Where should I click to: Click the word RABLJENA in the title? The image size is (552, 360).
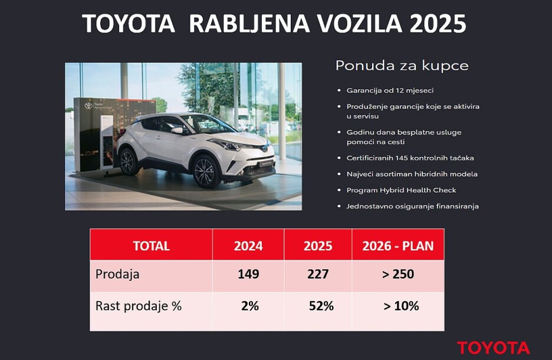tap(249, 24)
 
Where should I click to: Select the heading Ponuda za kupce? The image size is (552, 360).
tap(402, 66)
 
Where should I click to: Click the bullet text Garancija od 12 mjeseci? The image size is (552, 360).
tap(390, 90)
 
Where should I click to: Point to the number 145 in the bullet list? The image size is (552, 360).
tap(402, 158)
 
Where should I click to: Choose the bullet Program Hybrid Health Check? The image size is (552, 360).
tap(401, 190)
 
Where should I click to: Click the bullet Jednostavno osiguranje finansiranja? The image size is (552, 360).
tap(413, 206)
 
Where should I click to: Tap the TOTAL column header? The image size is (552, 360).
tap(152, 246)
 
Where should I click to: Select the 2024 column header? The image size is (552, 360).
tap(248, 246)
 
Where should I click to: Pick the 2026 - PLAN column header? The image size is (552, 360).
tap(398, 246)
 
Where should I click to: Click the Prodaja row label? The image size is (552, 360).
tap(117, 274)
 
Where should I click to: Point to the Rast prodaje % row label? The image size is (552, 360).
tap(139, 306)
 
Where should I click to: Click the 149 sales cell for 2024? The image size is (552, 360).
tap(248, 274)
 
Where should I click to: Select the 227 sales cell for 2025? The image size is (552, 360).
tap(318, 274)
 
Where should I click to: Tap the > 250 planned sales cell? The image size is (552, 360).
tap(398, 274)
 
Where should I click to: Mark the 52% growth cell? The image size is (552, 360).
tap(321, 306)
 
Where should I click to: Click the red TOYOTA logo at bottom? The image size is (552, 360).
tap(494, 348)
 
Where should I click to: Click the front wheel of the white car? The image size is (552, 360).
tap(205, 171)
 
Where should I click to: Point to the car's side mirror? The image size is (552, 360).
tap(178, 130)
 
